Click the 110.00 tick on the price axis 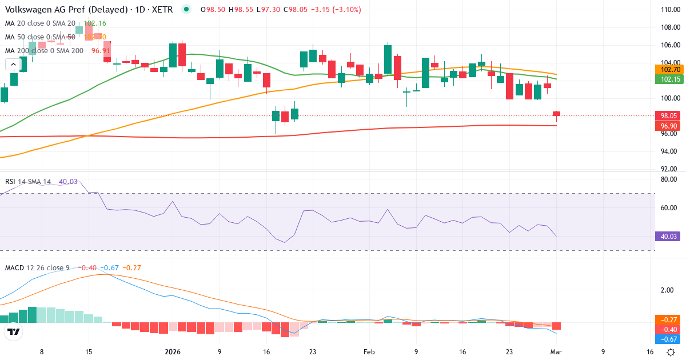669,10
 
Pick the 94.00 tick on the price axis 669,151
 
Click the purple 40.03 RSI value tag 667,236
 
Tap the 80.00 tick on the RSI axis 669,179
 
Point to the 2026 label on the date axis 172,353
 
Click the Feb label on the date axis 369,353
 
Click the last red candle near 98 556,114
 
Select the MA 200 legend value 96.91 101,51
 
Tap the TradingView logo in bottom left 14,331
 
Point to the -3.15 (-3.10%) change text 335,10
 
